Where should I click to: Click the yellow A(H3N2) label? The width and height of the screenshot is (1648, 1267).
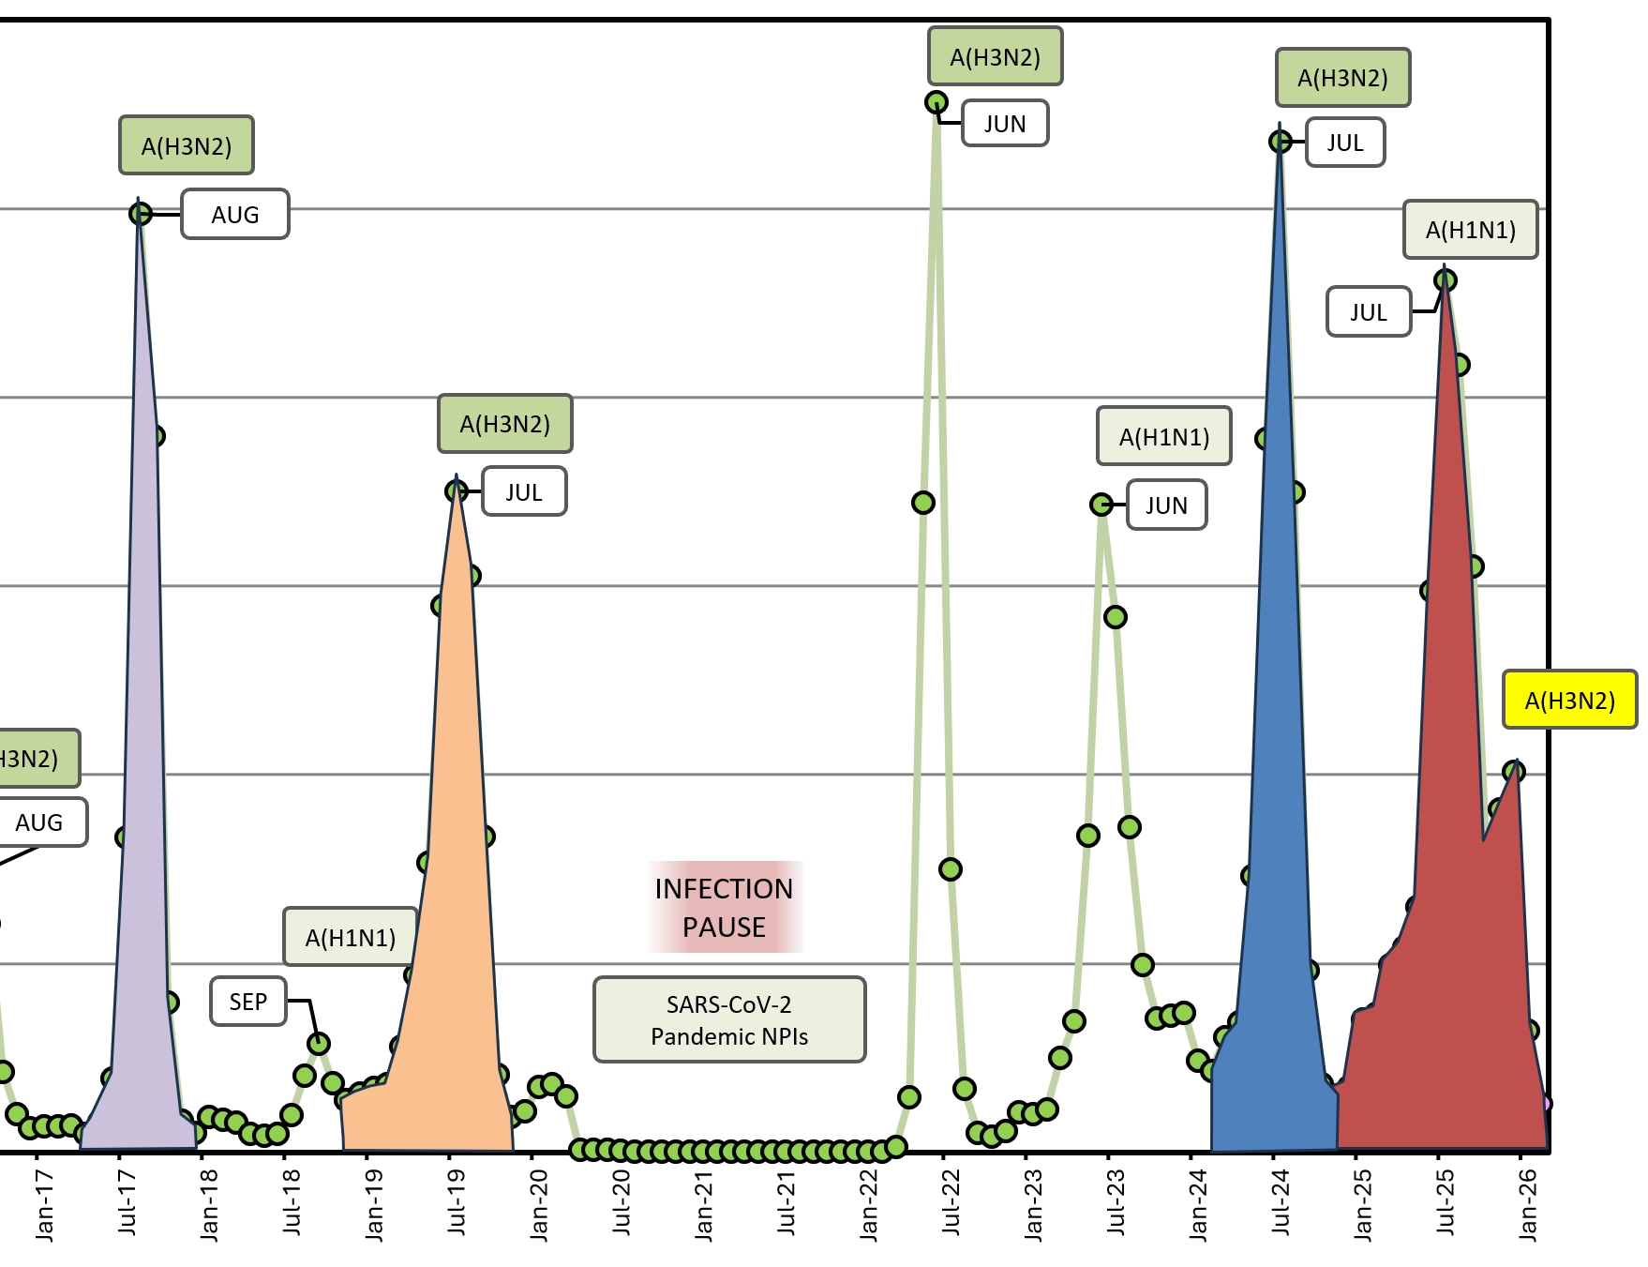pyautogui.click(x=1569, y=700)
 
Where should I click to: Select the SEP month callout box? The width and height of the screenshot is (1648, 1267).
pyautogui.click(x=248, y=1002)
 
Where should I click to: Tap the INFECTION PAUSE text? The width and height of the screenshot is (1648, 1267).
pyautogui.click(x=724, y=907)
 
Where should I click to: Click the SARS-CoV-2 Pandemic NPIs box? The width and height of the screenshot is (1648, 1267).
pyautogui.click(x=729, y=1019)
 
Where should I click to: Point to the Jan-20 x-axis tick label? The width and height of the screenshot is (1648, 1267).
pyautogui.click(x=539, y=1205)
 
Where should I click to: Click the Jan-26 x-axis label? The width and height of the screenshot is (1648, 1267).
pyautogui.click(x=1528, y=1205)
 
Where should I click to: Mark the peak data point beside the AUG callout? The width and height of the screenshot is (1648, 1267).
pyautogui.click(x=140, y=214)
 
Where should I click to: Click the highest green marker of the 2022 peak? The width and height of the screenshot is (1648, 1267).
pyautogui.click(x=936, y=102)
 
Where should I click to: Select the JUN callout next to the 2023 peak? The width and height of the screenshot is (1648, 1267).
pyautogui.click(x=1166, y=505)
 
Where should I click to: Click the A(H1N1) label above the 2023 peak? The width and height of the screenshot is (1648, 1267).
pyautogui.click(x=1163, y=436)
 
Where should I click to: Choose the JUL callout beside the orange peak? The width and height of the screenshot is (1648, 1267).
pyautogui.click(x=524, y=491)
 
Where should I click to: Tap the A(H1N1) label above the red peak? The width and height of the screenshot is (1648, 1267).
pyautogui.click(x=1470, y=230)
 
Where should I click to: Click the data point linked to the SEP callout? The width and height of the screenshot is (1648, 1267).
pyautogui.click(x=319, y=1043)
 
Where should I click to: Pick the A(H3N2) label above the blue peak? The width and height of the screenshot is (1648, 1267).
pyautogui.click(x=1342, y=78)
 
